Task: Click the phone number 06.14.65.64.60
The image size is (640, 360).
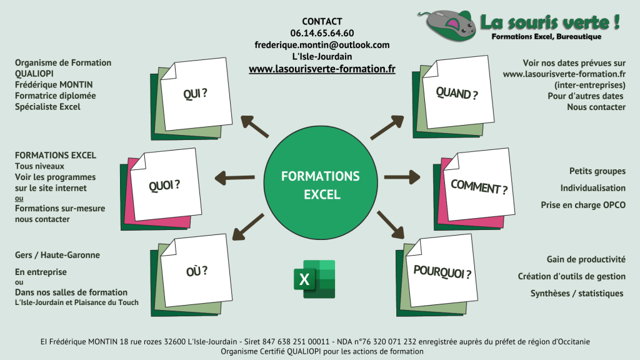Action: (322, 33)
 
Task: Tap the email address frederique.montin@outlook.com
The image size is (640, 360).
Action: (322, 45)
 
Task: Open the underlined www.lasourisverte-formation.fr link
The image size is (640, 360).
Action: (322, 69)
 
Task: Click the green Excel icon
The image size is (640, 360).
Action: (314, 279)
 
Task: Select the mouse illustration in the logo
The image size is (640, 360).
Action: (447, 24)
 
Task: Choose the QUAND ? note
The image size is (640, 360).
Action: (453, 96)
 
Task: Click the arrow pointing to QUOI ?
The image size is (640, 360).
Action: (235, 178)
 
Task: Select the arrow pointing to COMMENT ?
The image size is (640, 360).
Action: (402, 177)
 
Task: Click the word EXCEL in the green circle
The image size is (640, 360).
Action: (322, 194)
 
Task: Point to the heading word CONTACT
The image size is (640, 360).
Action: (322, 21)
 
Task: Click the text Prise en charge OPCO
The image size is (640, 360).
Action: (583, 205)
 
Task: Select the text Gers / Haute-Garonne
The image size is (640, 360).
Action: (57, 255)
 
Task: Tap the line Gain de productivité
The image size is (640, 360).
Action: (586, 259)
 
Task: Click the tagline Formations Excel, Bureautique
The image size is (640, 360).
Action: (546, 37)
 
